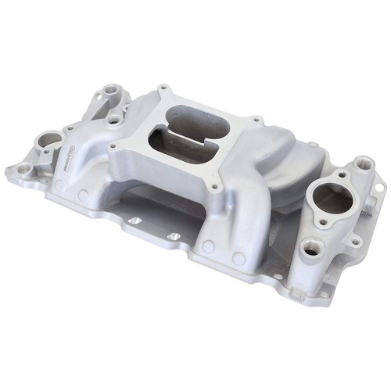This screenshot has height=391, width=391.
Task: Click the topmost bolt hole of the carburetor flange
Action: click(160, 88)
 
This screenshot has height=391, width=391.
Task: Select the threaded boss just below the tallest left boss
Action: click(113, 120)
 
